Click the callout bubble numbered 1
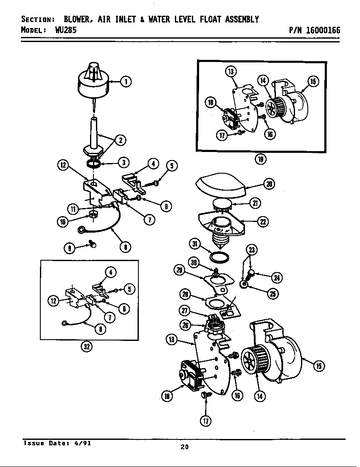click(126, 82)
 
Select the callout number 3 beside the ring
click(124, 162)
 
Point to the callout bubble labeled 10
click(63, 221)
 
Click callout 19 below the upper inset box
click(260, 159)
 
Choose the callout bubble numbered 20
click(269, 184)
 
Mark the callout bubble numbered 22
click(263, 222)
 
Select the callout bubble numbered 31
click(195, 244)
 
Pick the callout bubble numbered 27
click(185, 310)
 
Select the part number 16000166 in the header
click(322, 31)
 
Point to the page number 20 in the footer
click(184, 447)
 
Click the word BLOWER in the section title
click(79, 20)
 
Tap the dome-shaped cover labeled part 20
click(221, 183)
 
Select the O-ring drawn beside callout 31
click(221, 257)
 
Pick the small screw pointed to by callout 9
click(92, 244)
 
